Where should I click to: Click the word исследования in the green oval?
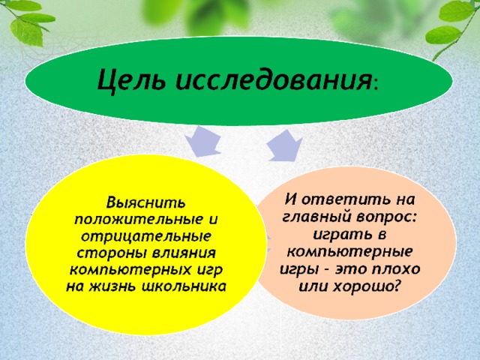point(273,79)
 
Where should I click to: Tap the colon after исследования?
point(376,84)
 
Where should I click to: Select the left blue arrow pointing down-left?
point(203,141)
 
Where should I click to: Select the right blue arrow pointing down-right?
point(284,145)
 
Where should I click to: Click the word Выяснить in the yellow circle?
point(145,203)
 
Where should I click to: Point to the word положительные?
point(135,220)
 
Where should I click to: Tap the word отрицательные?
point(146,237)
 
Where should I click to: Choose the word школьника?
point(184,286)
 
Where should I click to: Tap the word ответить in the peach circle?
point(343,199)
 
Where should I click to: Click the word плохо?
point(395,269)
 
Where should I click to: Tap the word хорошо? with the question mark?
point(367,286)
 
